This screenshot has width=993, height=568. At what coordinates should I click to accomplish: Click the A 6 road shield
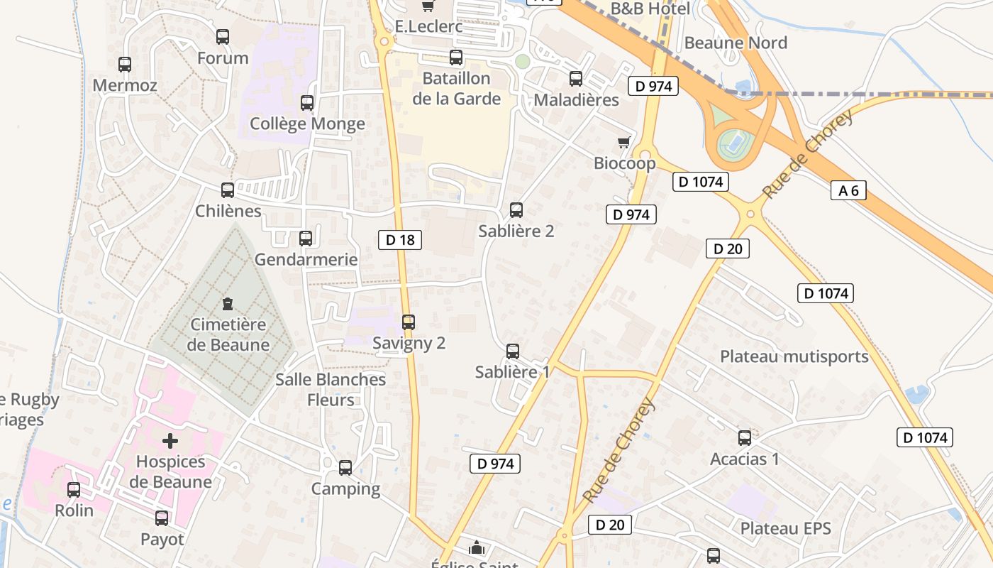848,190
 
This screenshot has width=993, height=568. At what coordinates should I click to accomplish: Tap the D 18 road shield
400,240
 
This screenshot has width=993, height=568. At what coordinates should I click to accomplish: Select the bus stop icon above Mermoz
125,65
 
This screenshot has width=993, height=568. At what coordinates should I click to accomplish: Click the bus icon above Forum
223,37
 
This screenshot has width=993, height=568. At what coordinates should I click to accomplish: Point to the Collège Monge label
307,124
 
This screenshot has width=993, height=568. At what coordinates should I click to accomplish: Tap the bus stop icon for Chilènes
228,190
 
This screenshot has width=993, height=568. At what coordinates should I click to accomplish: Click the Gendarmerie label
306,259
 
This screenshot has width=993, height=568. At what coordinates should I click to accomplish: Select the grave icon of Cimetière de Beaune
228,305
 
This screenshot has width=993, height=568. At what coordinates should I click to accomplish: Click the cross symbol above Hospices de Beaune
170,441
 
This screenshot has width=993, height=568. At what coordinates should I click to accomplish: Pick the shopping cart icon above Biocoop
624,143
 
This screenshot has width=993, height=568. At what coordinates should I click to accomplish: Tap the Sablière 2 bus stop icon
516,210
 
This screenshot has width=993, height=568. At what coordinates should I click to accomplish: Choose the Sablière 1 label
512,371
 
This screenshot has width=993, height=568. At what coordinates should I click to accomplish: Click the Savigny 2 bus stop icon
408,322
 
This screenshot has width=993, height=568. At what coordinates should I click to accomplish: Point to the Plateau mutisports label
794,356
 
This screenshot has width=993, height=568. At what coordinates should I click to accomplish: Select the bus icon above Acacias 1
745,438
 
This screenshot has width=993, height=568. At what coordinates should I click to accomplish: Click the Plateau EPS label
786,529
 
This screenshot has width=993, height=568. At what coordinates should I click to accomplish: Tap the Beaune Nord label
736,43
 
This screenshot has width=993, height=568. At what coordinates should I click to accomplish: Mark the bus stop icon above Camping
345,468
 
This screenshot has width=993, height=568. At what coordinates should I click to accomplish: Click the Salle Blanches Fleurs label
331,389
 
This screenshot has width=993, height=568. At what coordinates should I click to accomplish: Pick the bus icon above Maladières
576,79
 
